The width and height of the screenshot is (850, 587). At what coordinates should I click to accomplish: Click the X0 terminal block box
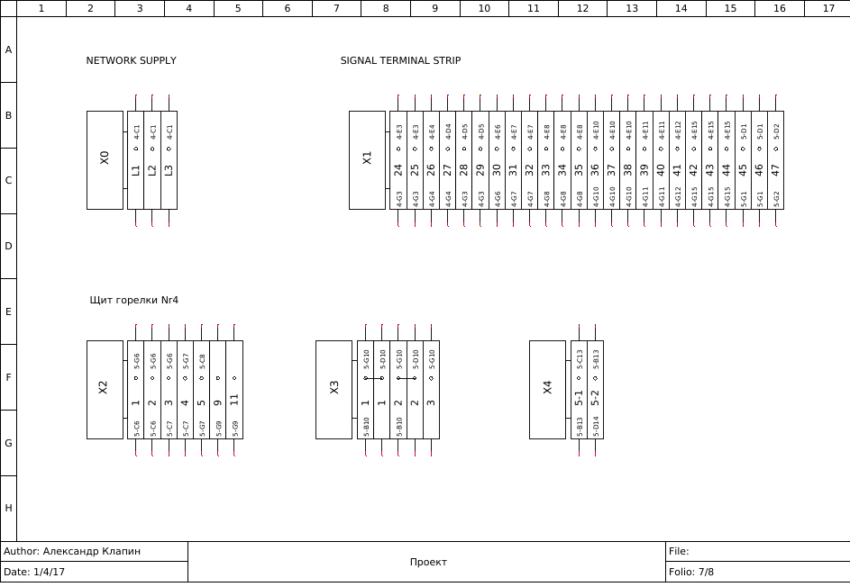[x=105, y=160]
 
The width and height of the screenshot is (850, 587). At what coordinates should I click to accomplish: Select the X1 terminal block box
[x=367, y=160]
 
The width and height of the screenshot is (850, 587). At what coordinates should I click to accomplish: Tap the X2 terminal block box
[x=105, y=389]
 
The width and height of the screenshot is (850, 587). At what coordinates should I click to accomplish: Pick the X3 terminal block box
[x=334, y=389]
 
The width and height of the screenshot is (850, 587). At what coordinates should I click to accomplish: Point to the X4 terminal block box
[x=547, y=389]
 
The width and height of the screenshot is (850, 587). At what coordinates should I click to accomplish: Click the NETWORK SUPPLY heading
[x=131, y=61]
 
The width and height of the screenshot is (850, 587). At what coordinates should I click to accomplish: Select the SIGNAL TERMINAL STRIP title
[x=400, y=61]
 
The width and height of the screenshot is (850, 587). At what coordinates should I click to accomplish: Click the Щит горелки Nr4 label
[x=134, y=300]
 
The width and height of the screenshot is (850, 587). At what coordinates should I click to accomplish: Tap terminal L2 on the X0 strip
[x=152, y=169]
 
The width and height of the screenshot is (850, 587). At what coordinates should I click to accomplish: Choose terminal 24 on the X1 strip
[x=398, y=168]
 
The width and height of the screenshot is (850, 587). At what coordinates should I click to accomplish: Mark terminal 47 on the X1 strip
[x=775, y=168]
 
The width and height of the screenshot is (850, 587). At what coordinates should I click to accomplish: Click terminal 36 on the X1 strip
[x=595, y=168]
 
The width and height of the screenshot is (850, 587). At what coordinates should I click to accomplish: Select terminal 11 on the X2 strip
[x=234, y=399]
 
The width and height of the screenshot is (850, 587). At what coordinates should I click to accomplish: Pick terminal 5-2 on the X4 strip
[x=595, y=397]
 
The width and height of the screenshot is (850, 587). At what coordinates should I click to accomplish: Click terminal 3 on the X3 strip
[x=431, y=402]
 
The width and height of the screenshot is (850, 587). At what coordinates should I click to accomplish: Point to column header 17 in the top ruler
[x=828, y=8]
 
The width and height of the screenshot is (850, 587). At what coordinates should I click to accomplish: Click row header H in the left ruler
[x=8, y=508]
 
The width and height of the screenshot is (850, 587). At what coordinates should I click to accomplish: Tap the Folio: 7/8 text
[x=691, y=572]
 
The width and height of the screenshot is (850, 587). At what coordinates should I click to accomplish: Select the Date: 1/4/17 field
[x=34, y=572]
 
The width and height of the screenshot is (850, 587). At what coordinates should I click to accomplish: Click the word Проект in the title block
[x=428, y=562]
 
